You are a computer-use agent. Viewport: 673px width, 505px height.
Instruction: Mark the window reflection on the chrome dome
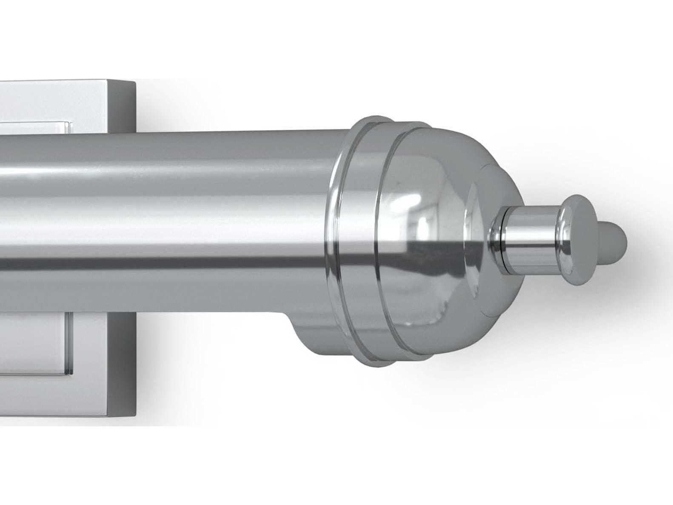421,225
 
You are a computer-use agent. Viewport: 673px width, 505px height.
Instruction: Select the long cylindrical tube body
170,221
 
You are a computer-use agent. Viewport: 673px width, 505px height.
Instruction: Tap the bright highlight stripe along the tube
170,174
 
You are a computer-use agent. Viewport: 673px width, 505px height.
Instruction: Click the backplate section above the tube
85,106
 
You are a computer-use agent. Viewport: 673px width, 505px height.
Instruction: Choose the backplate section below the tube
85,362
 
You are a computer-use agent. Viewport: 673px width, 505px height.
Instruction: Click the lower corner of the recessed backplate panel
68,374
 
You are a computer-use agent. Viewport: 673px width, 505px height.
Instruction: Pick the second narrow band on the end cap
385,238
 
